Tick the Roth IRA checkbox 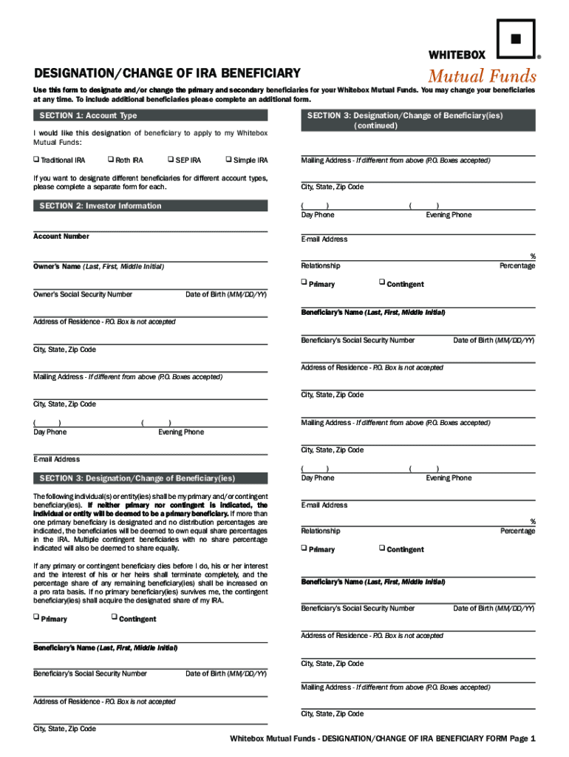pyautogui.click(x=110, y=160)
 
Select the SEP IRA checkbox pyautogui.click(x=170, y=160)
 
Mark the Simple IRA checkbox pyautogui.click(x=228, y=160)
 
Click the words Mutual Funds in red pyautogui.click(x=483, y=76)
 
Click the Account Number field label pyautogui.click(x=61, y=237)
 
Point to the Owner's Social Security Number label pyautogui.click(x=83, y=294)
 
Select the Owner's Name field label pyautogui.click(x=98, y=266)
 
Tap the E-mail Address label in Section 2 pyautogui.click(x=57, y=459)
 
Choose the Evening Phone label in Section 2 pyautogui.click(x=181, y=432)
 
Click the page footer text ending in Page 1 pyautogui.click(x=382, y=739)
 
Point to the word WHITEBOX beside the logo pyautogui.click(x=457, y=55)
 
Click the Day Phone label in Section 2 pyautogui.click(x=50, y=432)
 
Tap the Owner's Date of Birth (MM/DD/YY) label pyautogui.click(x=226, y=294)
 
